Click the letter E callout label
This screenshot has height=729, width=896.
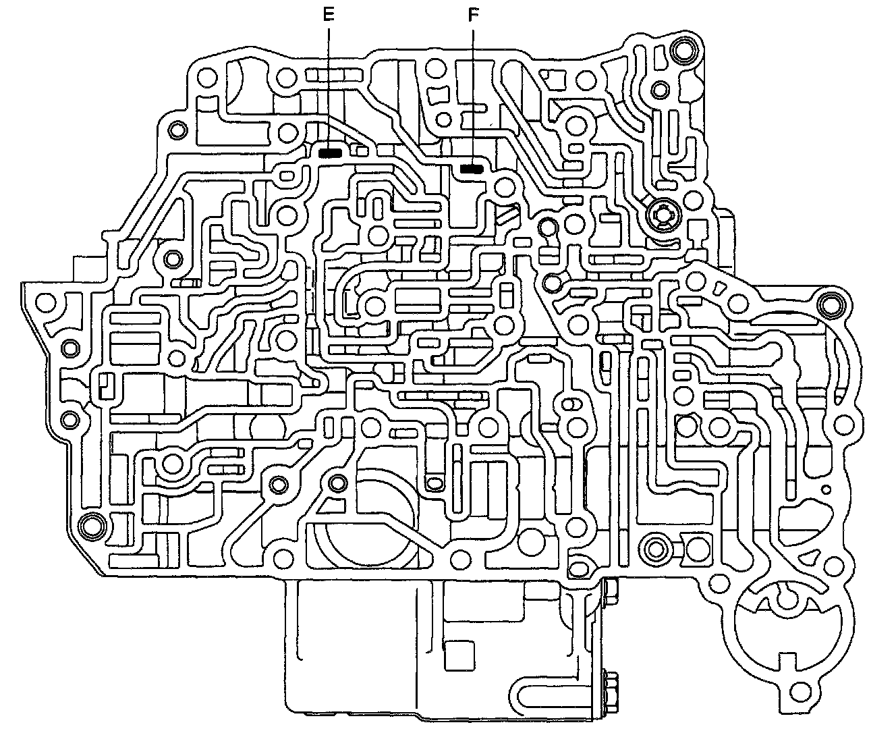pos(329,15)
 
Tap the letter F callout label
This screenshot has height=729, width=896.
pos(472,15)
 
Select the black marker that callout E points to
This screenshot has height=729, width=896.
pos(330,153)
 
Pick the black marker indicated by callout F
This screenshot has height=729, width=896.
pos(471,168)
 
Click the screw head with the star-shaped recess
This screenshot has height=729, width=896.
pos(659,216)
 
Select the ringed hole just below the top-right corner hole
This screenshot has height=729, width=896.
pos(659,88)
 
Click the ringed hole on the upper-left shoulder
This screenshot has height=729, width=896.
pos(178,130)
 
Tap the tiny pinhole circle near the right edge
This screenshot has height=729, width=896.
pos(825,489)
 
